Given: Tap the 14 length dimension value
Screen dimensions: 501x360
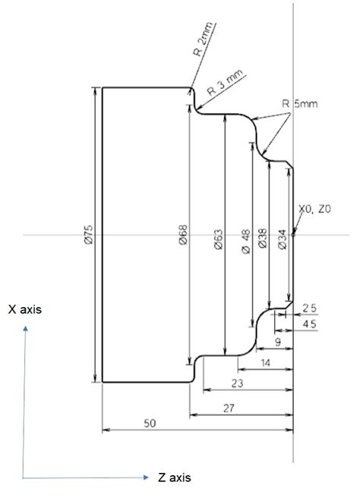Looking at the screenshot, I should (264, 363).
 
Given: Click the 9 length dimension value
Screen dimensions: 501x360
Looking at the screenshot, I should (277, 344).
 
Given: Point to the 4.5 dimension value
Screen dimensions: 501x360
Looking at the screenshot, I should (310, 325).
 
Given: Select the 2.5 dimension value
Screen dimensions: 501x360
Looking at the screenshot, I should (310, 308).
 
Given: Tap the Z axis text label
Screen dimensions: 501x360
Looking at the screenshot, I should (174, 477).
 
